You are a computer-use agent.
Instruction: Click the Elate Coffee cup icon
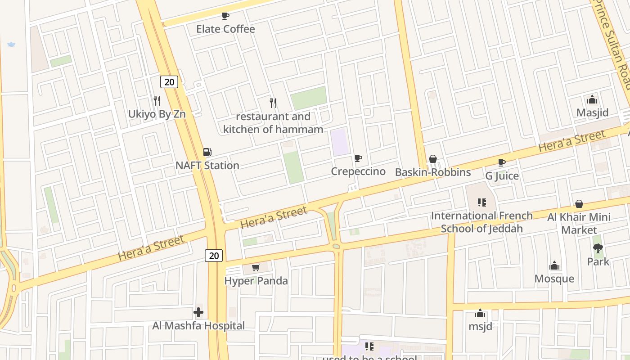click(x=225, y=16)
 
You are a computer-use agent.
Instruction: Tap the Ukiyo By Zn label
click(x=157, y=114)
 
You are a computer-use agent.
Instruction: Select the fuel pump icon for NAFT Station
click(x=207, y=153)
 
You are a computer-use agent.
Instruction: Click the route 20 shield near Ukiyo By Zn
click(x=169, y=82)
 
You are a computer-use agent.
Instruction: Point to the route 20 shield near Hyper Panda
click(x=214, y=256)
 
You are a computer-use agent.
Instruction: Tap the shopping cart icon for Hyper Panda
click(x=256, y=268)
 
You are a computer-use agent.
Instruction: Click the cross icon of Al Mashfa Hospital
click(x=198, y=312)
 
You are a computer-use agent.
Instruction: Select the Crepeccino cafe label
click(x=358, y=171)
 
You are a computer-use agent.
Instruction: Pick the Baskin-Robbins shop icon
click(x=432, y=159)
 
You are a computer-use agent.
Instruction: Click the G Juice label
click(x=502, y=175)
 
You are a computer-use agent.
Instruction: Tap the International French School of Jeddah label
click(x=481, y=222)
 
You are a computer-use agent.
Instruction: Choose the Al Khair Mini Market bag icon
click(x=579, y=204)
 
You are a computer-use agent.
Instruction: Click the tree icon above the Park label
click(x=598, y=248)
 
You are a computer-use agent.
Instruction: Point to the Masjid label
click(x=592, y=112)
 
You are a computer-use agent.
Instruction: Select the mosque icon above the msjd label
click(x=480, y=313)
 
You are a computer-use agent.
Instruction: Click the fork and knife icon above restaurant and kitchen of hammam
click(x=273, y=103)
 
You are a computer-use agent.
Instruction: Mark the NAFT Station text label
click(x=207, y=165)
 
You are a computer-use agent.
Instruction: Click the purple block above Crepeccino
click(x=340, y=142)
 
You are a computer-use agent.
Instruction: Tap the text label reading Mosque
click(x=554, y=279)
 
